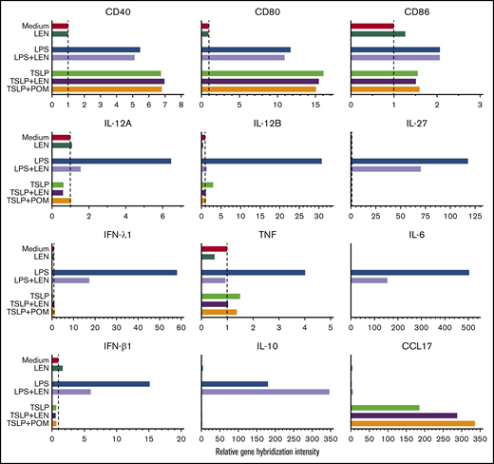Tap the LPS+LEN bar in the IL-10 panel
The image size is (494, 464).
pos(265,391)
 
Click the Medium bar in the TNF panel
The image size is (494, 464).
pos(214,248)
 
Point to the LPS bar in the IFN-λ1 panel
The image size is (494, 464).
pos(114,272)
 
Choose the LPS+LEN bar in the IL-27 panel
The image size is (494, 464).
pos(386,169)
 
